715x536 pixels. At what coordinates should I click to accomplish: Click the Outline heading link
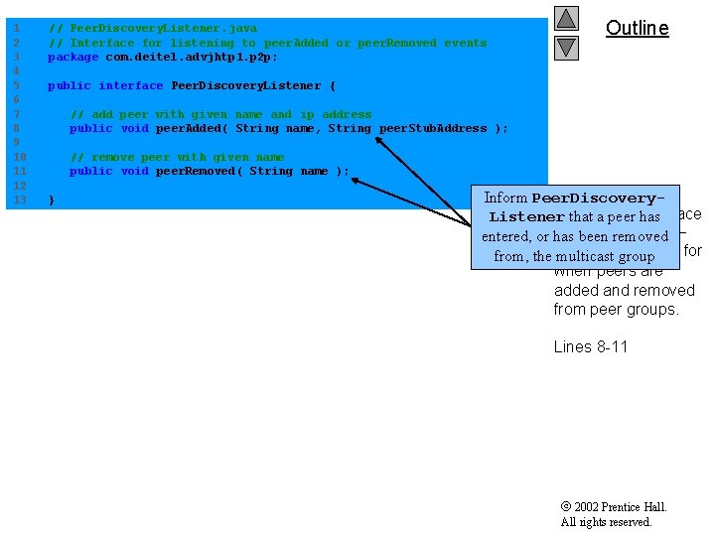point(637,28)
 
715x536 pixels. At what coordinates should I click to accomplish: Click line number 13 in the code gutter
point(19,200)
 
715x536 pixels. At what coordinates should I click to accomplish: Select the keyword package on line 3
point(72,57)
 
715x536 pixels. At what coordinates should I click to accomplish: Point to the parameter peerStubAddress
point(433,128)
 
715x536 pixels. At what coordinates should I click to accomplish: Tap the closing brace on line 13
point(52,200)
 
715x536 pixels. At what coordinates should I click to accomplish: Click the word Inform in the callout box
point(505,198)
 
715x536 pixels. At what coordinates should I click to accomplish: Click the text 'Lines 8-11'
point(591,346)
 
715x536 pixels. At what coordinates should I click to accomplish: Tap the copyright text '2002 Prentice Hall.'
point(621,507)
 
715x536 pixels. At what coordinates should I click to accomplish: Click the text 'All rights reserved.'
point(606,522)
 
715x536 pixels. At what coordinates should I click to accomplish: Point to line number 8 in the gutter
point(19,128)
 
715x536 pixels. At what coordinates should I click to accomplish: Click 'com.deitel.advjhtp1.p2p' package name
point(191,57)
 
